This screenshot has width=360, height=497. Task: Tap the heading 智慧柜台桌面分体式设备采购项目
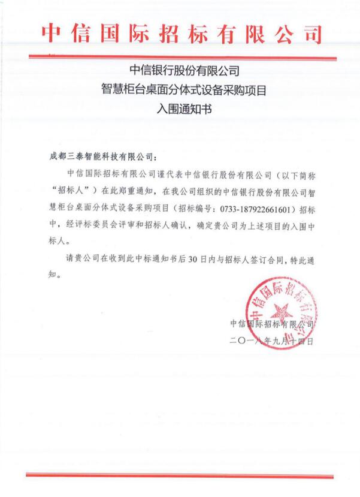[x=180, y=91]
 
